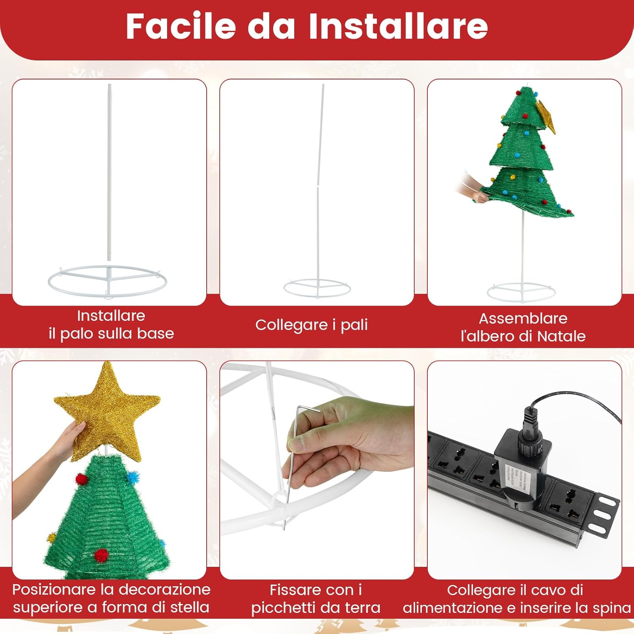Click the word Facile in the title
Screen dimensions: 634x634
[181, 26]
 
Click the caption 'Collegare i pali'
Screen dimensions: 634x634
[312, 325]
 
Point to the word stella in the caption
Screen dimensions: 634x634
[189, 607]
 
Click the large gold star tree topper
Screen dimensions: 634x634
[108, 412]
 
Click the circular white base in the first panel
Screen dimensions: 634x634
[108, 279]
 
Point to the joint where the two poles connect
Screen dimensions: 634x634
[318, 186]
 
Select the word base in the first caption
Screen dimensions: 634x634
[156, 333]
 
